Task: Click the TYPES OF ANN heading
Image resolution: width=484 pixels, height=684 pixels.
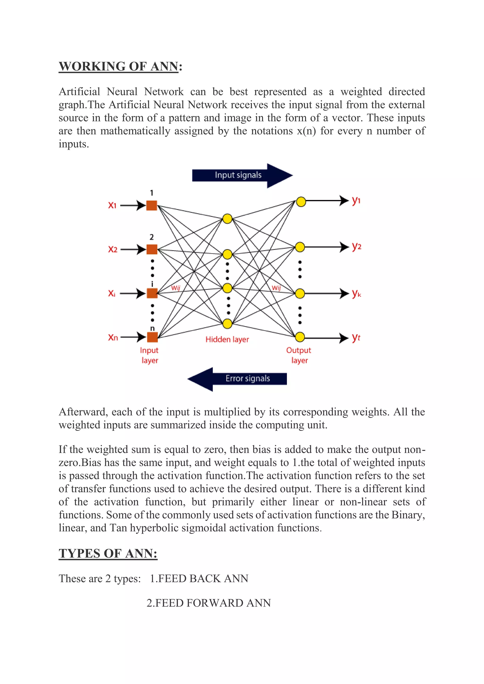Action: (x=108, y=554)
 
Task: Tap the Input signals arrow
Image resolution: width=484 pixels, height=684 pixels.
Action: (x=242, y=175)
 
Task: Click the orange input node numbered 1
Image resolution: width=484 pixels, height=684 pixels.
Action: (x=152, y=205)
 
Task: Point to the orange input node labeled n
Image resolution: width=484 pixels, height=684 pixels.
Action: (x=152, y=337)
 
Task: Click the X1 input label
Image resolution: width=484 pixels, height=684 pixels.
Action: (x=112, y=205)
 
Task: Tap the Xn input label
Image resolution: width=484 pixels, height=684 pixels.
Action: (x=113, y=338)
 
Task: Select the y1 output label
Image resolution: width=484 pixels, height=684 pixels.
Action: (x=356, y=201)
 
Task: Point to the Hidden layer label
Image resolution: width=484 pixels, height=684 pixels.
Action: (x=227, y=339)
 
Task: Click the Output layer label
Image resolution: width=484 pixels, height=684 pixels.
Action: (x=299, y=355)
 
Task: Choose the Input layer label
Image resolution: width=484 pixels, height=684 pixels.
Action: (x=149, y=355)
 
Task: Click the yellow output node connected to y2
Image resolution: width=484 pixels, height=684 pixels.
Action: (x=300, y=247)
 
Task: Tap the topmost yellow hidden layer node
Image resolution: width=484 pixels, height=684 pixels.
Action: (x=227, y=219)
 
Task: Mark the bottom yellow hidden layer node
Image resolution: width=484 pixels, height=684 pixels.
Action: (x=227, y=324)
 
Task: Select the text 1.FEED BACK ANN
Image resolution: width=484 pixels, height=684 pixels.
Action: (x=199, y=578)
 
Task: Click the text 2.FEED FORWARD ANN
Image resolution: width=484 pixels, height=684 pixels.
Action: (x=209, y=603)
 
